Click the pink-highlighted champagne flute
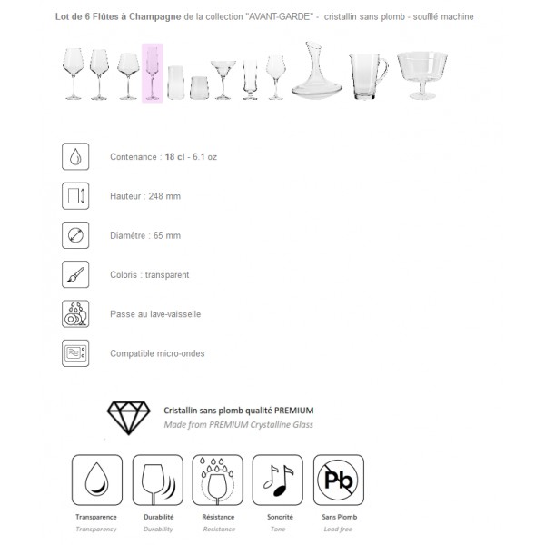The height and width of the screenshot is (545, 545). point(153,74)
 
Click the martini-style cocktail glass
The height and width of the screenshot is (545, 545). point(223,79)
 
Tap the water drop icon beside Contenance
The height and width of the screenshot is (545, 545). point(75,156)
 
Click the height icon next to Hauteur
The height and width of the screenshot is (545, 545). point(75,195)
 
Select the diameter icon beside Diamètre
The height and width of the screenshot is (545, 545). point(75,235)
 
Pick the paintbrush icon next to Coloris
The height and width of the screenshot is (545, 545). point(75,274)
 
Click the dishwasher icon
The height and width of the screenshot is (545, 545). point(75,313)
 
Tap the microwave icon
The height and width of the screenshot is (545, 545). point(75,352)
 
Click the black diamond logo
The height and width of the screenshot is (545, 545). point(131,416)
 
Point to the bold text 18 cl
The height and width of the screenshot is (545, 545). point(174,157)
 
